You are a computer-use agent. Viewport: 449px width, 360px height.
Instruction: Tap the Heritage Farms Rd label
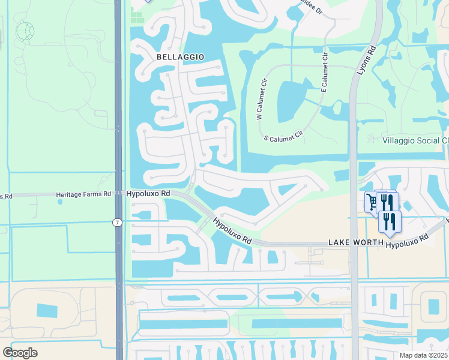tap(83, 194)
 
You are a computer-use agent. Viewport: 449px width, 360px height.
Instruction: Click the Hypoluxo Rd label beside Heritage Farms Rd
tap(149, 194)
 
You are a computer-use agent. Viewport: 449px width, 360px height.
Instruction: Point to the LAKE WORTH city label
tap(354, 242)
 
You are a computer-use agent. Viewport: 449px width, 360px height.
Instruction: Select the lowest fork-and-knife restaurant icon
tap(390, 221)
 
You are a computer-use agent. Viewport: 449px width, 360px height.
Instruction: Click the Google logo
tap(20, 352)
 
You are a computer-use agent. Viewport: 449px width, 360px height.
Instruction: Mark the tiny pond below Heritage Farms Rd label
tap(60, 202)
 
